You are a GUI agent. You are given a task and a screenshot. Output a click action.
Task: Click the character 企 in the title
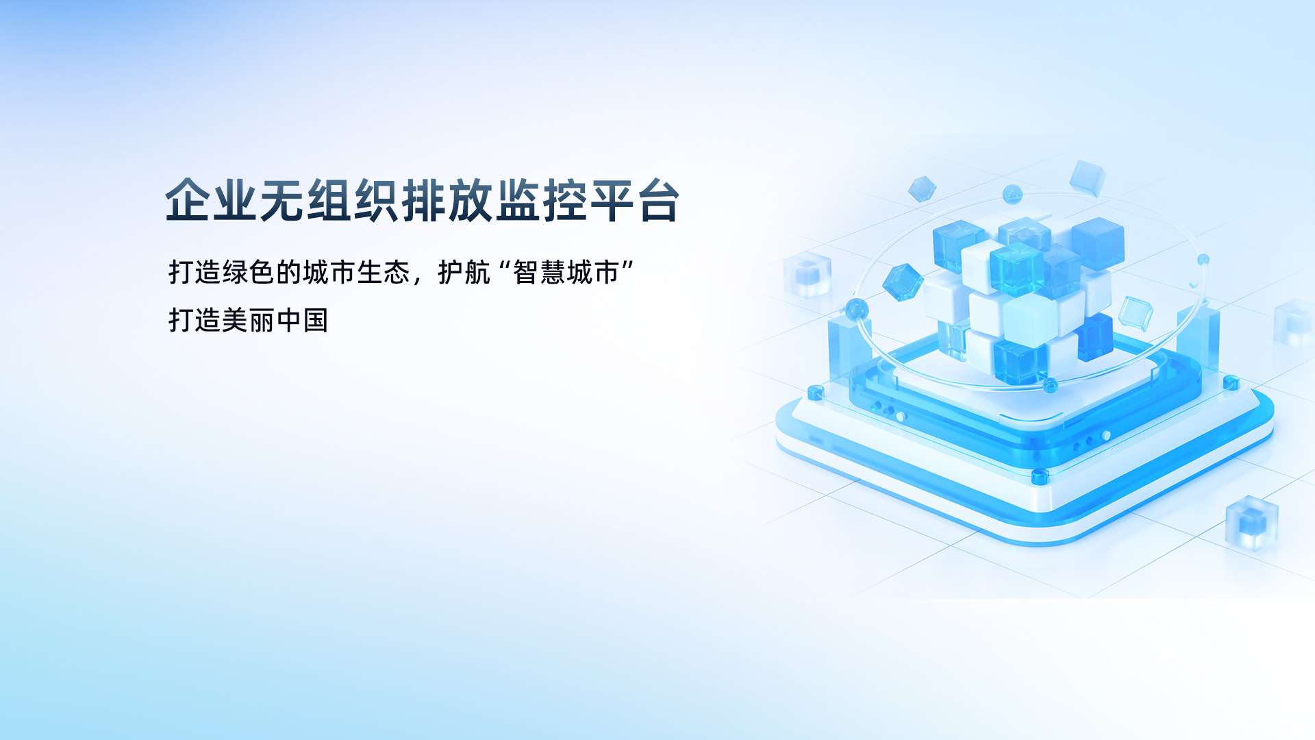coord(188,201)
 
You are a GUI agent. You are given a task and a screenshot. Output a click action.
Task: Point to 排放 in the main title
coord(447,201)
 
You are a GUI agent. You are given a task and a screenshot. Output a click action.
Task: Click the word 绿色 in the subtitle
coord(248,273)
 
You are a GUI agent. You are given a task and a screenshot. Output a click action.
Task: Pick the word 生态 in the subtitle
coord(383,273)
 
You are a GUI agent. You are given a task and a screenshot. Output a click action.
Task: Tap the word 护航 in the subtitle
coord(464,273)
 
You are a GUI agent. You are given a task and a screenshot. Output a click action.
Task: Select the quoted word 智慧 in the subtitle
coord(540,273)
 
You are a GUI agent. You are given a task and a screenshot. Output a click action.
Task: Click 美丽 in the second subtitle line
coord(248,320)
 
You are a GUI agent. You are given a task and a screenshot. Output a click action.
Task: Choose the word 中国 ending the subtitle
coord(302,320)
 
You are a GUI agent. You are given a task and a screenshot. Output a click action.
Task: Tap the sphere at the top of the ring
coord(1012,194)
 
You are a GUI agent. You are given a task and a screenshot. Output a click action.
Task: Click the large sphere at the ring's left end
coord(857,310)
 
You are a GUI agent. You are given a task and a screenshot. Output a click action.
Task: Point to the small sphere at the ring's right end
coord(1203,260)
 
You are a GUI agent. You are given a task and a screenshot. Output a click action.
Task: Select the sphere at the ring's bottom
coord(1051,386)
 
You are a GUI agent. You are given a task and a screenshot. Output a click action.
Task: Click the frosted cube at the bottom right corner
coord(1252,523)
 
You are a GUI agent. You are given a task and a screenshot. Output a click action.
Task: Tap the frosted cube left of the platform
coord(807,275)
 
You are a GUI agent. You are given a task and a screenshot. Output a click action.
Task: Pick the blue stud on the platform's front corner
coord(1040,476)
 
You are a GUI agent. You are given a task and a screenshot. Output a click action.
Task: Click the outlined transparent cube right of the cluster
coord(1136,314)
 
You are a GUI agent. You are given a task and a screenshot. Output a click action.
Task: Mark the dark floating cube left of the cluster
coord(903,282)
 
